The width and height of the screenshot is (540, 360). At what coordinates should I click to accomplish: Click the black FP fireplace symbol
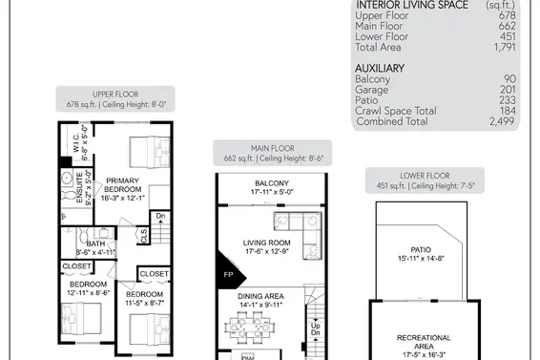click(230, 270)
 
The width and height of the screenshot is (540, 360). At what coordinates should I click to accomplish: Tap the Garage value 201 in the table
click(508, 90)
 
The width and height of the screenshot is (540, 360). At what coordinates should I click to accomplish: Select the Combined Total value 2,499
click(502, 121)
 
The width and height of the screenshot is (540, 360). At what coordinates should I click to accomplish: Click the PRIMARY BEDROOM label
click(123, 185)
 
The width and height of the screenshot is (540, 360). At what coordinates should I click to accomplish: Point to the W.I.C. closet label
click(76, 142)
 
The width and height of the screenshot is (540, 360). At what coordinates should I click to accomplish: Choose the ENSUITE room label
click(79, 187)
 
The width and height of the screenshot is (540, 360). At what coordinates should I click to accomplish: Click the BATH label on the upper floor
click(95, 244)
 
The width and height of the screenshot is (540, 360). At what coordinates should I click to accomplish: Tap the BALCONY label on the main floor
click(272, 183)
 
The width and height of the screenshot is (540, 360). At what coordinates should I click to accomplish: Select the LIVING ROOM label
click(266, 243)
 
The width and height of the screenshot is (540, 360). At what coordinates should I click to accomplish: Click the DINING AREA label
click(260, 296)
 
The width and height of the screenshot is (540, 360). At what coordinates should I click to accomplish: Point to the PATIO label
click(421, 249)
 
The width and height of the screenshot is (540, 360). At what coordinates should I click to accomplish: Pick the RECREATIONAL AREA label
click(424, 342)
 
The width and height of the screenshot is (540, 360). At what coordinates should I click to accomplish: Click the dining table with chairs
click(250, 327)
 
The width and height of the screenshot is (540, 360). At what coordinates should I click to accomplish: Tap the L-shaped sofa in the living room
click(299, 236)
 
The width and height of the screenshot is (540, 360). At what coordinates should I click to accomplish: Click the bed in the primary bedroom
click(150, 152)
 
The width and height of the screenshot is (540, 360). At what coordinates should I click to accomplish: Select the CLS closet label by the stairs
click(144, 236)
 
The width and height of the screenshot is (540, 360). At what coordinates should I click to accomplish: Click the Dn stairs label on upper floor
click(160, 216)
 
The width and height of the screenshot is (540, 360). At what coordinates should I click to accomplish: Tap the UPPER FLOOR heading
click(115, 95)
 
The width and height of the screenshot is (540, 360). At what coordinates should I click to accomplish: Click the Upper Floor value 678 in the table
click(507, 15)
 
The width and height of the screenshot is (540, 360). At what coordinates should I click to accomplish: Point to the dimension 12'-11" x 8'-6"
click(88, 293)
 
